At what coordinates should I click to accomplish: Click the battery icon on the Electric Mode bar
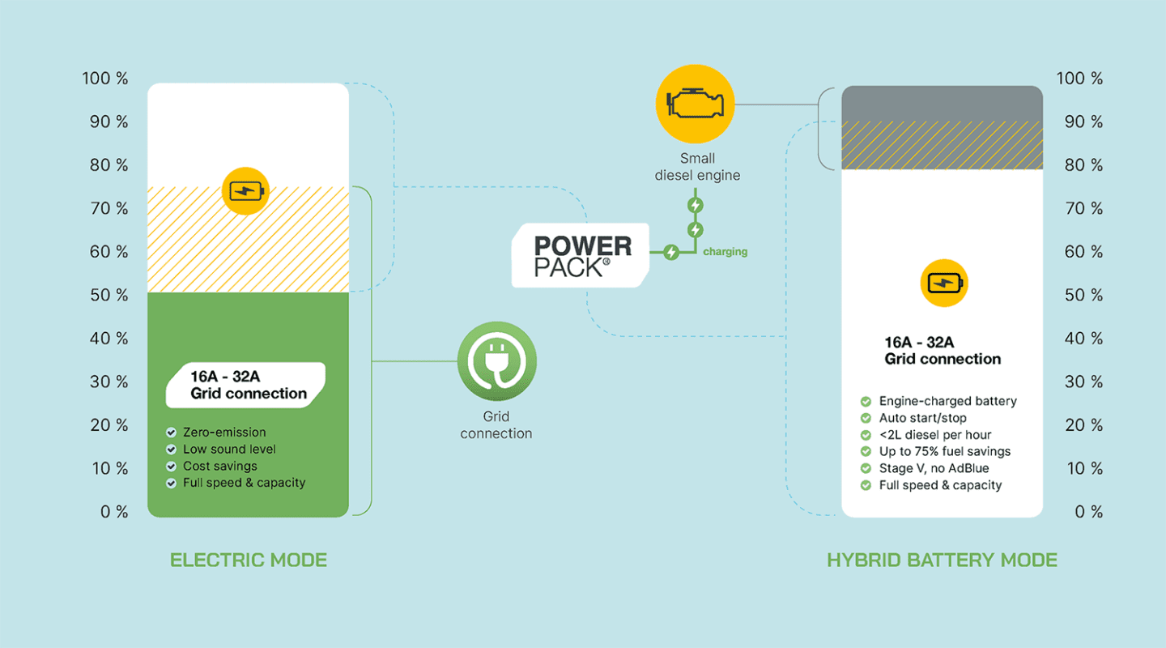click(x=245, y=191)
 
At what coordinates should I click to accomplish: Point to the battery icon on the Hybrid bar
click(x=944, y=283)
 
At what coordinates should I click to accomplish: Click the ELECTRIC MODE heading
click(x=249, y=560)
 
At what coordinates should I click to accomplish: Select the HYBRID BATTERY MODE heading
click(x=942, y=560)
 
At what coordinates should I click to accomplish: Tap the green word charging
click(x=725, y=252)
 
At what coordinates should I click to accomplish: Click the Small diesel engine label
click(x=697, y=167)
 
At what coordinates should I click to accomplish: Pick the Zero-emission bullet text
click(x=224, y=433)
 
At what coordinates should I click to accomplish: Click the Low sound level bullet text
click(x=229, y=449)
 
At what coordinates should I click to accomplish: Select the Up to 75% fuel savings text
click(x=945, y=451)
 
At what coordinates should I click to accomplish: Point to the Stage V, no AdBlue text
click(x=934, y=468)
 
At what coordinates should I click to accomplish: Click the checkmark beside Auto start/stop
click(x=866, y=418)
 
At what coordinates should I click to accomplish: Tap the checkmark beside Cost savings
click(x=171, y=467)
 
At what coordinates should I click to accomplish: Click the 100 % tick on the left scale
click(x=105, y=79)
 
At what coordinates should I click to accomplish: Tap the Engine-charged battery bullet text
click(x=947, y=401)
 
